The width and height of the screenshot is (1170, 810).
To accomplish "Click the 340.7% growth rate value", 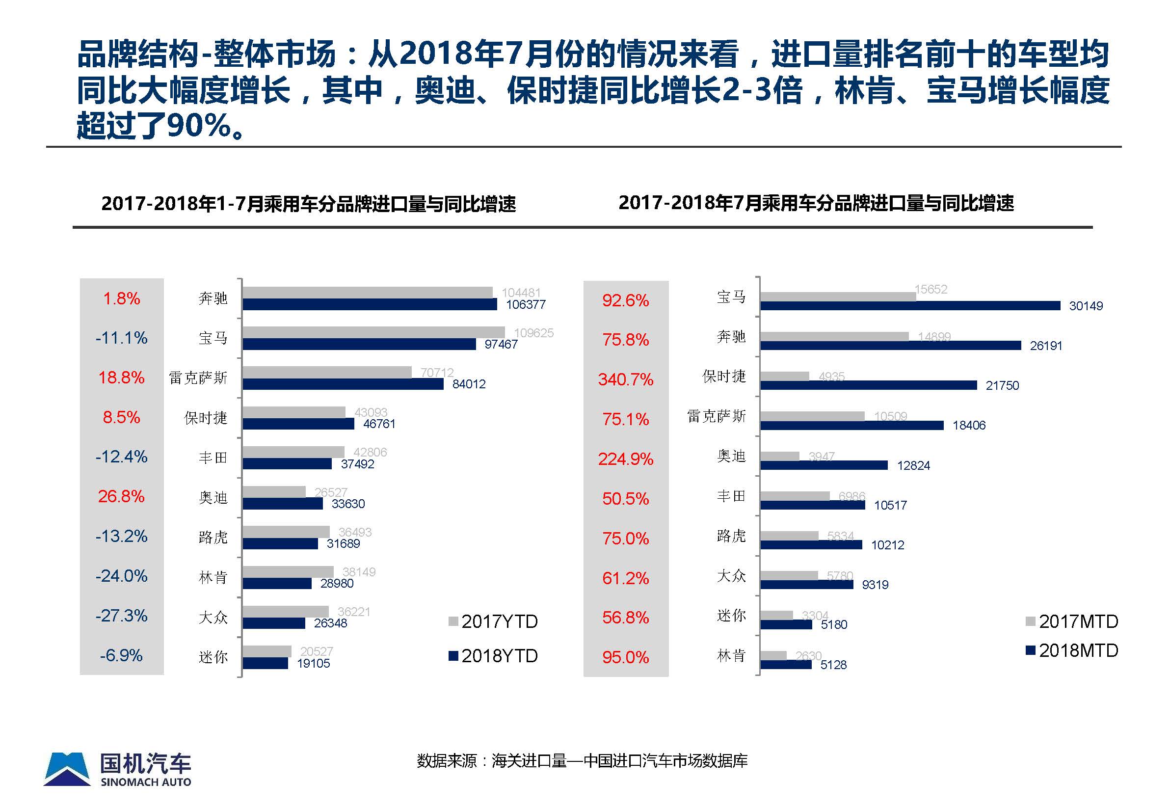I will click(625, 379).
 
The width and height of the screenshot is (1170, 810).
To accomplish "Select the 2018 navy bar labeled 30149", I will click(910, 305).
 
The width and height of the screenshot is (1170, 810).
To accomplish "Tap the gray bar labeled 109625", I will click(373, 332).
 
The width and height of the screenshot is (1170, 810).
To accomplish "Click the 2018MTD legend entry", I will click(1071, 650).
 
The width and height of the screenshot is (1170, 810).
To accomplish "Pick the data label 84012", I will click(469, 384).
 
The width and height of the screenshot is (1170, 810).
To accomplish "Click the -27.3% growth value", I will click(121, 616).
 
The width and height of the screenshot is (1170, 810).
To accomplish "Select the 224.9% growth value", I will click(625, 459).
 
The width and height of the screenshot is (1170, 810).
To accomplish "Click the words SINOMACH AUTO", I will click(146, 782).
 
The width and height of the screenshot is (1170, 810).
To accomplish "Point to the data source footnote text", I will click(582, 761).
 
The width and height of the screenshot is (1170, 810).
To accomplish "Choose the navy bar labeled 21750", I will click(868, 385).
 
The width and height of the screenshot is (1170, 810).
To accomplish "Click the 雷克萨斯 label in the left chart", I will click(198, 378).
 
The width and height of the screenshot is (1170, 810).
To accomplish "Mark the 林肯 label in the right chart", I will click(731, 656).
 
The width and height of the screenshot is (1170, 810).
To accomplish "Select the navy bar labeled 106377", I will click(370, 304).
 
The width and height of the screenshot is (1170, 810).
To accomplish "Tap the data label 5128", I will click(833, 665).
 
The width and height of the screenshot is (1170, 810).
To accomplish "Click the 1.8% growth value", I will click(121, 298).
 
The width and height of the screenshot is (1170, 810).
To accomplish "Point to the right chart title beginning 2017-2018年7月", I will click(816, 203).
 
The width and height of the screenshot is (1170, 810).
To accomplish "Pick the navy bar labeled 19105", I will click(265, 663).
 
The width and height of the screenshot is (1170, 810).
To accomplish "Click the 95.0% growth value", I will click(625, 658).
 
